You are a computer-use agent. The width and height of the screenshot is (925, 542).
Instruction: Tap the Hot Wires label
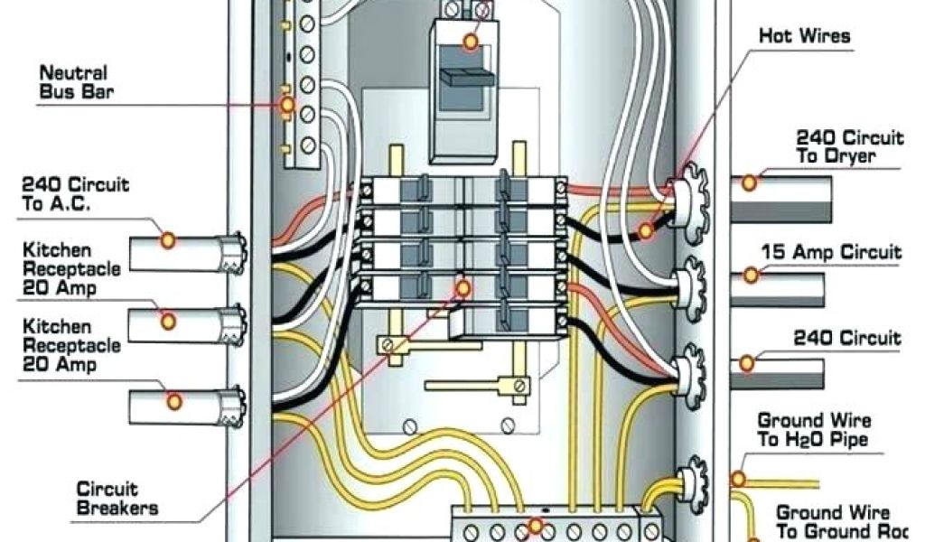point(804,37)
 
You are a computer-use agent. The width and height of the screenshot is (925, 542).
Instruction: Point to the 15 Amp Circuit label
point(831,252)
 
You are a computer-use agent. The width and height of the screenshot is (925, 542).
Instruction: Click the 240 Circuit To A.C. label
point(75,193)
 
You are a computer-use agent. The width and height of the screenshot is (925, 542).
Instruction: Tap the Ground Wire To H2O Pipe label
point(814,430)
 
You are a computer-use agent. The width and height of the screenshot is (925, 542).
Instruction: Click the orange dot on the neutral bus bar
point(287,106)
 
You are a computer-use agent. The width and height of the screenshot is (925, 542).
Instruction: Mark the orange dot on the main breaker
point(470,41)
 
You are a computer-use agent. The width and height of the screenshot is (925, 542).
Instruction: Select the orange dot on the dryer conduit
point(749,182)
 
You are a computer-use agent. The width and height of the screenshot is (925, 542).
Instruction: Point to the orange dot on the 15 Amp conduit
point(750,274)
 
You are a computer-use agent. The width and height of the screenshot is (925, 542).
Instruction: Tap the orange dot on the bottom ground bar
point(536,526)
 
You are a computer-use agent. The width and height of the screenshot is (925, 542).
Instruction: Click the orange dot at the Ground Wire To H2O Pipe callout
point(739,478)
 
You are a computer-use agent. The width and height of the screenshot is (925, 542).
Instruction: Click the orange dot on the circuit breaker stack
point(463,288)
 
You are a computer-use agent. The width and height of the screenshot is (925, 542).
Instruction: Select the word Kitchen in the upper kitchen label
point(56,248)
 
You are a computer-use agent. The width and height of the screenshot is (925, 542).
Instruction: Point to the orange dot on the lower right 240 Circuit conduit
point(747,363)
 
